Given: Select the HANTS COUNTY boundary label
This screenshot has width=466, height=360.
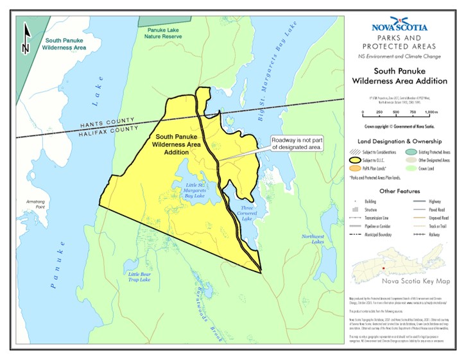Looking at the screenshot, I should click(x=107, y=122).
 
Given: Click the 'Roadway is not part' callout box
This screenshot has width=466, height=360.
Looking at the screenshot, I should click(x=296, y=143).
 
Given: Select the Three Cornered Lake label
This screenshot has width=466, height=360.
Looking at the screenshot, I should click(x=247, y=213).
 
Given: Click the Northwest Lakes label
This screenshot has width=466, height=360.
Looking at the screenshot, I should click(x=314, y=239).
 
